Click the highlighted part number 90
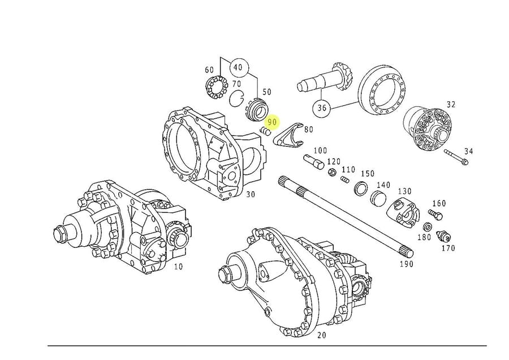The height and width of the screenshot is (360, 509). [272, 122]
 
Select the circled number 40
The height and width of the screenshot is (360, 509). [238, 67]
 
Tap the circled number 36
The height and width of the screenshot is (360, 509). [322, 108]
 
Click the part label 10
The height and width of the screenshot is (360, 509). [178, 265]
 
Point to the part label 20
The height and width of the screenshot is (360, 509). [322, 335]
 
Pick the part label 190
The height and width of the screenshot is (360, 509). [406, 264]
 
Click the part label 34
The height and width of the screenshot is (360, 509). [469, 151]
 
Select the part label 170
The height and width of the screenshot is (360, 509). [448, 248]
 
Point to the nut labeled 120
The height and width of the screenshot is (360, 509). [333, 172]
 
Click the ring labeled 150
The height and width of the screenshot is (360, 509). [361, 188]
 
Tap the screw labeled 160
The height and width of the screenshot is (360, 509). [434, 215]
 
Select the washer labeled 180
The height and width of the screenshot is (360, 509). [428, 227]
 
